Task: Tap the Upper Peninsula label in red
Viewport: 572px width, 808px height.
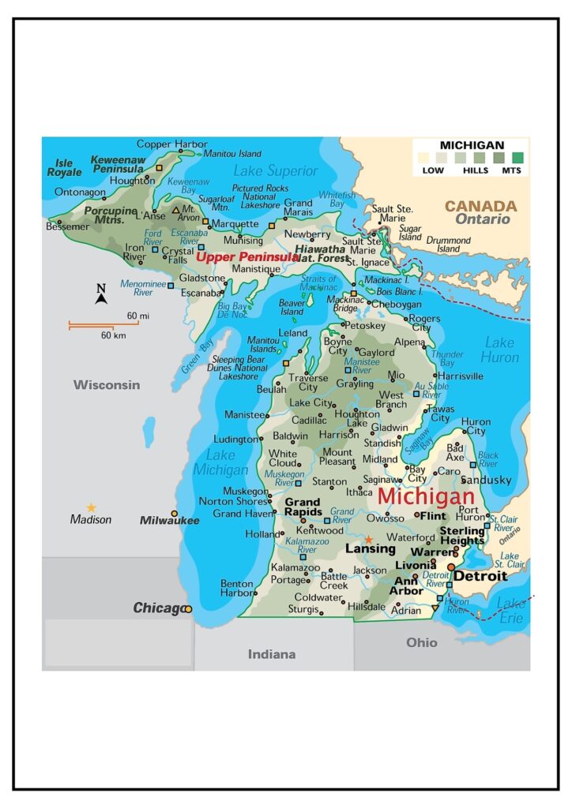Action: (247, 256)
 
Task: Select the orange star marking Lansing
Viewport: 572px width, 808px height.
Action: (368, 539)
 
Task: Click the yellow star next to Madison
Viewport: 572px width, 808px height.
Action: (91, 507)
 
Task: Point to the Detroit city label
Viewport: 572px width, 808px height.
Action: (480, 577)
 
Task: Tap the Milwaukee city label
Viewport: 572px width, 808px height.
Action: (169, 520)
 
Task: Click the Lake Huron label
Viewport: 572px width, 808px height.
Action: (499, 350)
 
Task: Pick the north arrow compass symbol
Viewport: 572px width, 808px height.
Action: (101, 295)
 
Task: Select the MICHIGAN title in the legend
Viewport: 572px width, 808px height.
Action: (472, 145)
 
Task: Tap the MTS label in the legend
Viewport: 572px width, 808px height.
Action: (518, 170)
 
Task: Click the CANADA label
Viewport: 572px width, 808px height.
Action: (480, 206)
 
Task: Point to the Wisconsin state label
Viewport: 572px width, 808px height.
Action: (107, 385)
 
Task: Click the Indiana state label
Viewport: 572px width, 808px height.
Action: (272, 653)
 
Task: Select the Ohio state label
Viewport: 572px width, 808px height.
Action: (421, 642)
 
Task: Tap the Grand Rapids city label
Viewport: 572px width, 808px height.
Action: (303, 507)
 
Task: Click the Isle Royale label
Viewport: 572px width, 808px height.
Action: (64, 167)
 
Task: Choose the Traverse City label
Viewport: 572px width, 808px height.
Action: (307, 383)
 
